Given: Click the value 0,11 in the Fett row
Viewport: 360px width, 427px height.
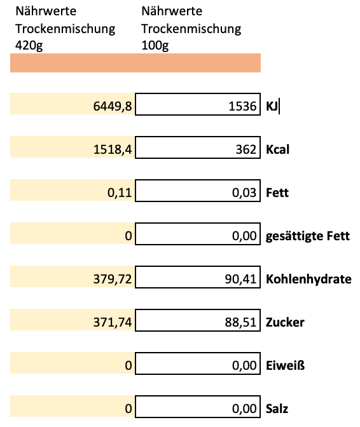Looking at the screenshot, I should [x=120, y=192].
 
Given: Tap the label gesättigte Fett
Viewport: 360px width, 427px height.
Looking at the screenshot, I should [x=308, y=237].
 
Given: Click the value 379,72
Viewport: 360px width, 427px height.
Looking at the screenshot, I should [x=113, y=278].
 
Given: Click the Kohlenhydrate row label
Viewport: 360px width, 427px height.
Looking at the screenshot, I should [x=308, y=278].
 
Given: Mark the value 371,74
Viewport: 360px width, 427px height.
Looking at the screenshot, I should [x=113, y=322].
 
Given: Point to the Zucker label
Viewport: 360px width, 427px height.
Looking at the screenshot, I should [x=285, y=322].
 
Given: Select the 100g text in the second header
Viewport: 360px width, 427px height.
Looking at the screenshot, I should [x=155, y=46].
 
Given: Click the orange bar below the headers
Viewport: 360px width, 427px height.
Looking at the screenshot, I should [x=135, y=64].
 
